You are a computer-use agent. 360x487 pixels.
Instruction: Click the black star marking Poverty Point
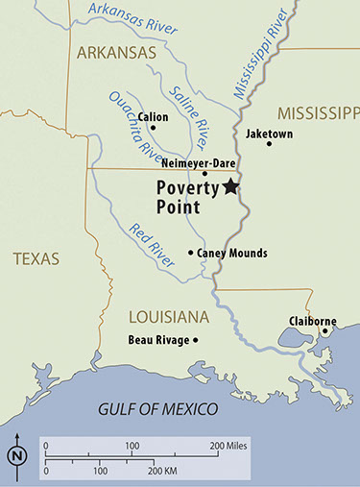coord(230,187)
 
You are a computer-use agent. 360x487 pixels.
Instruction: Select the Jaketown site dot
coord(269,144)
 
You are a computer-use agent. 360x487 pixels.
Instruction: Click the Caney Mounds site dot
coord(190,254)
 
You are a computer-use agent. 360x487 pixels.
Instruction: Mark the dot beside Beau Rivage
coord(195,340)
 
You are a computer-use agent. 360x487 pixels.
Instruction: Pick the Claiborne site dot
coord(324,332)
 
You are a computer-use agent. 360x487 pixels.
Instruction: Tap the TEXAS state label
coord(36,258)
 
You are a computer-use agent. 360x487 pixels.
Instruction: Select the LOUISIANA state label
coord(169,316)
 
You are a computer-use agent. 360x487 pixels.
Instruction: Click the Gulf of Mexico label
coord(159,409)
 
